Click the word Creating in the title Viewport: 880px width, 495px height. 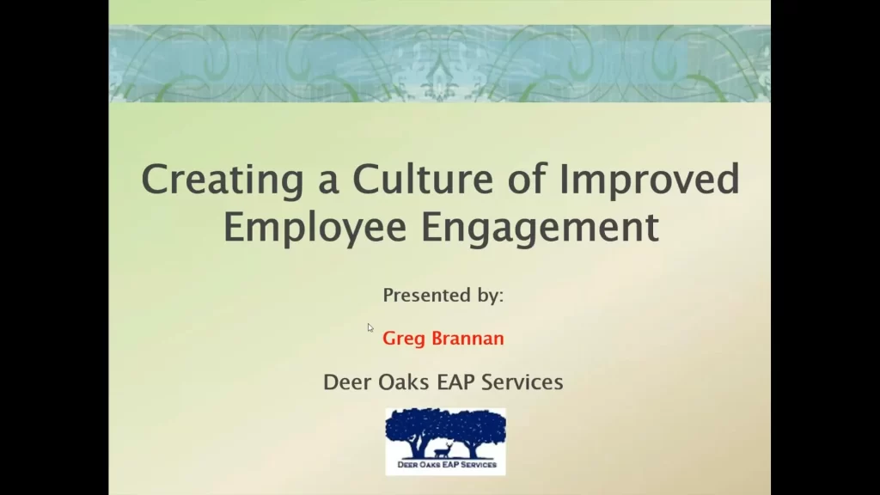tap(223, 180)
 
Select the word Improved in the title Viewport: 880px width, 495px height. tap(650, 180)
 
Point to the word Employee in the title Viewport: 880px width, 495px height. tap(315, 228)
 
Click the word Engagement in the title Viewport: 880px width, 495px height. tap(540, 228)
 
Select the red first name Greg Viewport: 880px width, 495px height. tap(404, 339)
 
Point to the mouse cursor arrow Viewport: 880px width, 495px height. tap(370, 327)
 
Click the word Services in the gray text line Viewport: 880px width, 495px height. tap(522, 382)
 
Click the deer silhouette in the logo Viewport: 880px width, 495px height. tap(443, 449)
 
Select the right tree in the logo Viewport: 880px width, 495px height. tap(476, 431)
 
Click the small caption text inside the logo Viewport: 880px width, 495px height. tap(447, 465)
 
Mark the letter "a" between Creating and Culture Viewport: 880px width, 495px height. tap(328, 185)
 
